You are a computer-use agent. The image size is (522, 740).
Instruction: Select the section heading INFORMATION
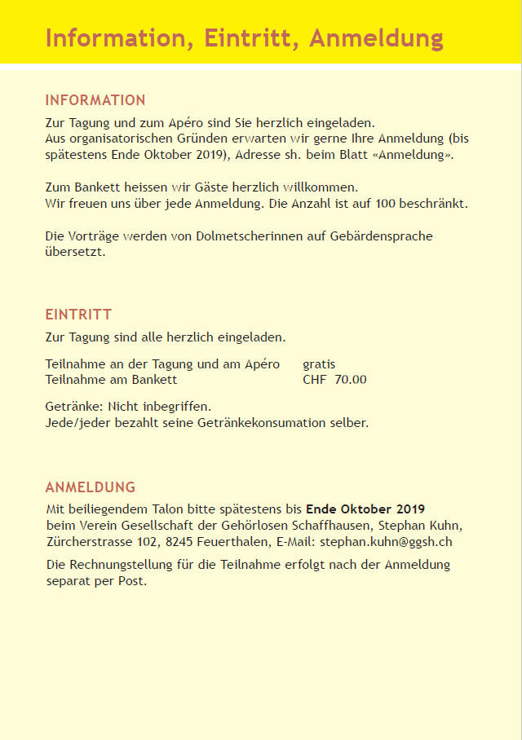(x=95, y=100)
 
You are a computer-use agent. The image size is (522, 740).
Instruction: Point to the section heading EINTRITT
(x=78, y=315)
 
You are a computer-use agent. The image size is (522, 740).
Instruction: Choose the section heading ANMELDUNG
(x=90, y=487)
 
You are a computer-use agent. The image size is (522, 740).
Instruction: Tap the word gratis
(x=319, y=364)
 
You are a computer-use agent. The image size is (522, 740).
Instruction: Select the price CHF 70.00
(x=334, y=379)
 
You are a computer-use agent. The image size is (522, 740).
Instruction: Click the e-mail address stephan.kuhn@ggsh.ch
(x=386, y=540)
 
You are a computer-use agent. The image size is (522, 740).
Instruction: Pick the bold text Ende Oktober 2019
(x=365, y=509)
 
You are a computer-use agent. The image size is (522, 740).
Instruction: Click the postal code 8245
(x=179, y=540)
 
